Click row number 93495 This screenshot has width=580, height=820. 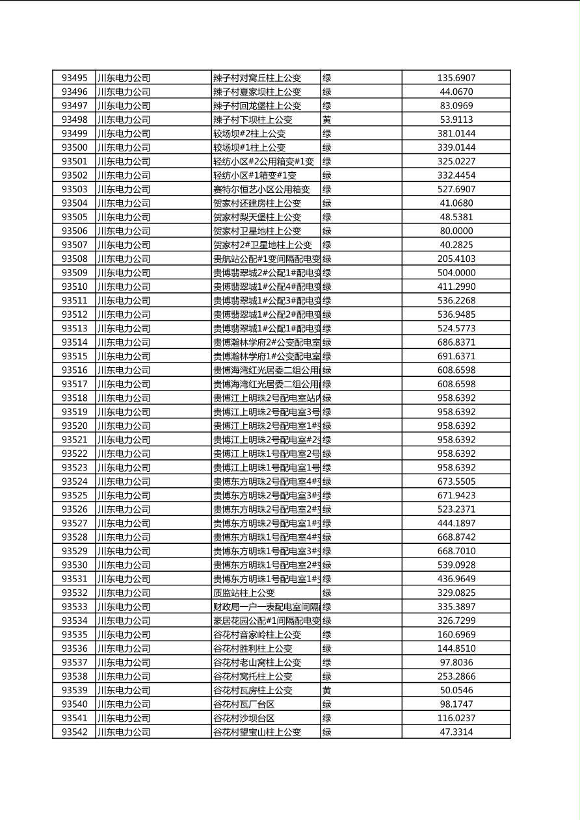(x=74, y=78)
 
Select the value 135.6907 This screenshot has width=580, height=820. (x=456, y=78)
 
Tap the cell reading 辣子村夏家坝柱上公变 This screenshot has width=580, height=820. (x=257, y=92)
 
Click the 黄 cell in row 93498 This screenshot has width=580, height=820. (x=327, y=120)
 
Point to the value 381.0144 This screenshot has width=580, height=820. (x=456, y=134)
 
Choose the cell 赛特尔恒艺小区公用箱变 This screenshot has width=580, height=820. (x=262, y=190)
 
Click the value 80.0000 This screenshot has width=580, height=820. (x=456, y=231)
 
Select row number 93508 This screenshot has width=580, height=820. (x=74, y=259)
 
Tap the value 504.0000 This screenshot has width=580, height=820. (x=456, y=273)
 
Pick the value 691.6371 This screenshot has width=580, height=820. (x=456, y=357)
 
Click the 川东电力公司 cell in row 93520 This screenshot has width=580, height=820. (x=124, y=426)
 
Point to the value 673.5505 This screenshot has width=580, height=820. (x=456, y=482)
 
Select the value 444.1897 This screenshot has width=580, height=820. (x=456, y=524)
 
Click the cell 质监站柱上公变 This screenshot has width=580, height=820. (x=244, y=593)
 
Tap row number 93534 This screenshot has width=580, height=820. (x=74, y=621)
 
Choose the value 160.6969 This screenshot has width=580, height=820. (x=456, y=635)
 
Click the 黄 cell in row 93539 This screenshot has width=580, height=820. (x=327, y=691)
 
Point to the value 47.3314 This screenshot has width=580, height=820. (x=456, y=732)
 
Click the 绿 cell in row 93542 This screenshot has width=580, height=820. (x=327, y=732)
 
